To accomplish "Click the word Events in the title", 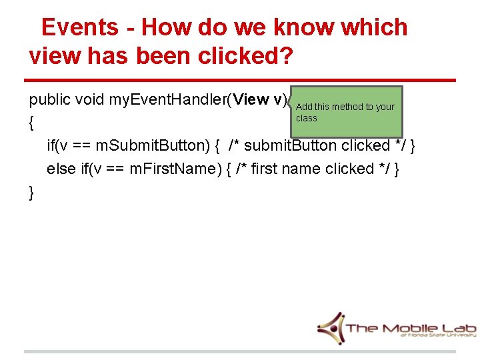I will pos(79,27).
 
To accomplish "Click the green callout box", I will pos(346,111).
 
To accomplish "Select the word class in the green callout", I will pos(307,118).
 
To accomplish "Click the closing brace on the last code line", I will pos(32,193).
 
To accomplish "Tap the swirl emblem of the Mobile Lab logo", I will pos(331,327).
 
